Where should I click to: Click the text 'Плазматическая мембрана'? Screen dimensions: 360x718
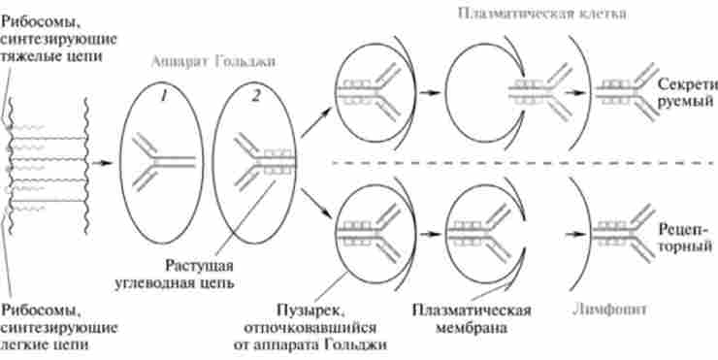pos(473,318)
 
